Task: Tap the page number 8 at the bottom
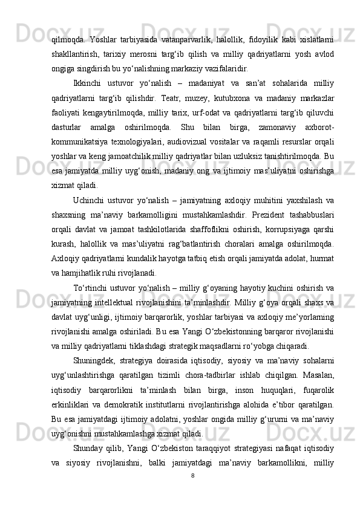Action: point(192,475)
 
